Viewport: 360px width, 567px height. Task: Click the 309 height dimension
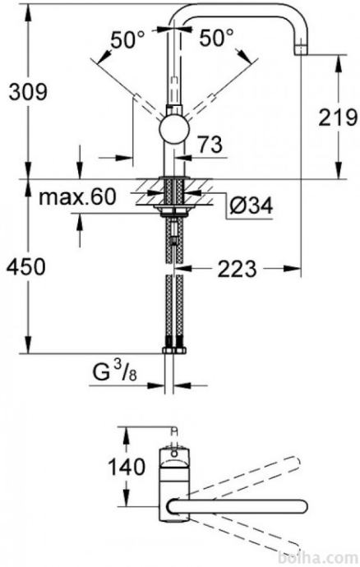click(x=28, y=92)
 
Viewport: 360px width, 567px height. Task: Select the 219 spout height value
click(x=338, y=118)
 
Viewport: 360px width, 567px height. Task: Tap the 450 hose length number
click(x=27, y=267)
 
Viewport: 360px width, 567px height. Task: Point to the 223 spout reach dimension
click(x=237, y=269)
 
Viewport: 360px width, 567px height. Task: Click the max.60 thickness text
click(x=77, y=196)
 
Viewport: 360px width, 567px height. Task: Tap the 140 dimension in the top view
click(x=127, y=467)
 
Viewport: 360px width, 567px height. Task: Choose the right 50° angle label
click(x=216, y=38)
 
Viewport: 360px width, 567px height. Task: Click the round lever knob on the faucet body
click(x=175, y=131)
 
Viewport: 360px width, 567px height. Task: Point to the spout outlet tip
click(x=301, y=49)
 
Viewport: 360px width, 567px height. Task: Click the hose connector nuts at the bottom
click(x=174, y=350)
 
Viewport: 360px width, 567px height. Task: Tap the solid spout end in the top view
click(x=302, y=506)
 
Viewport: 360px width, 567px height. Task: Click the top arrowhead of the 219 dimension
click(x=339, y=63)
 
